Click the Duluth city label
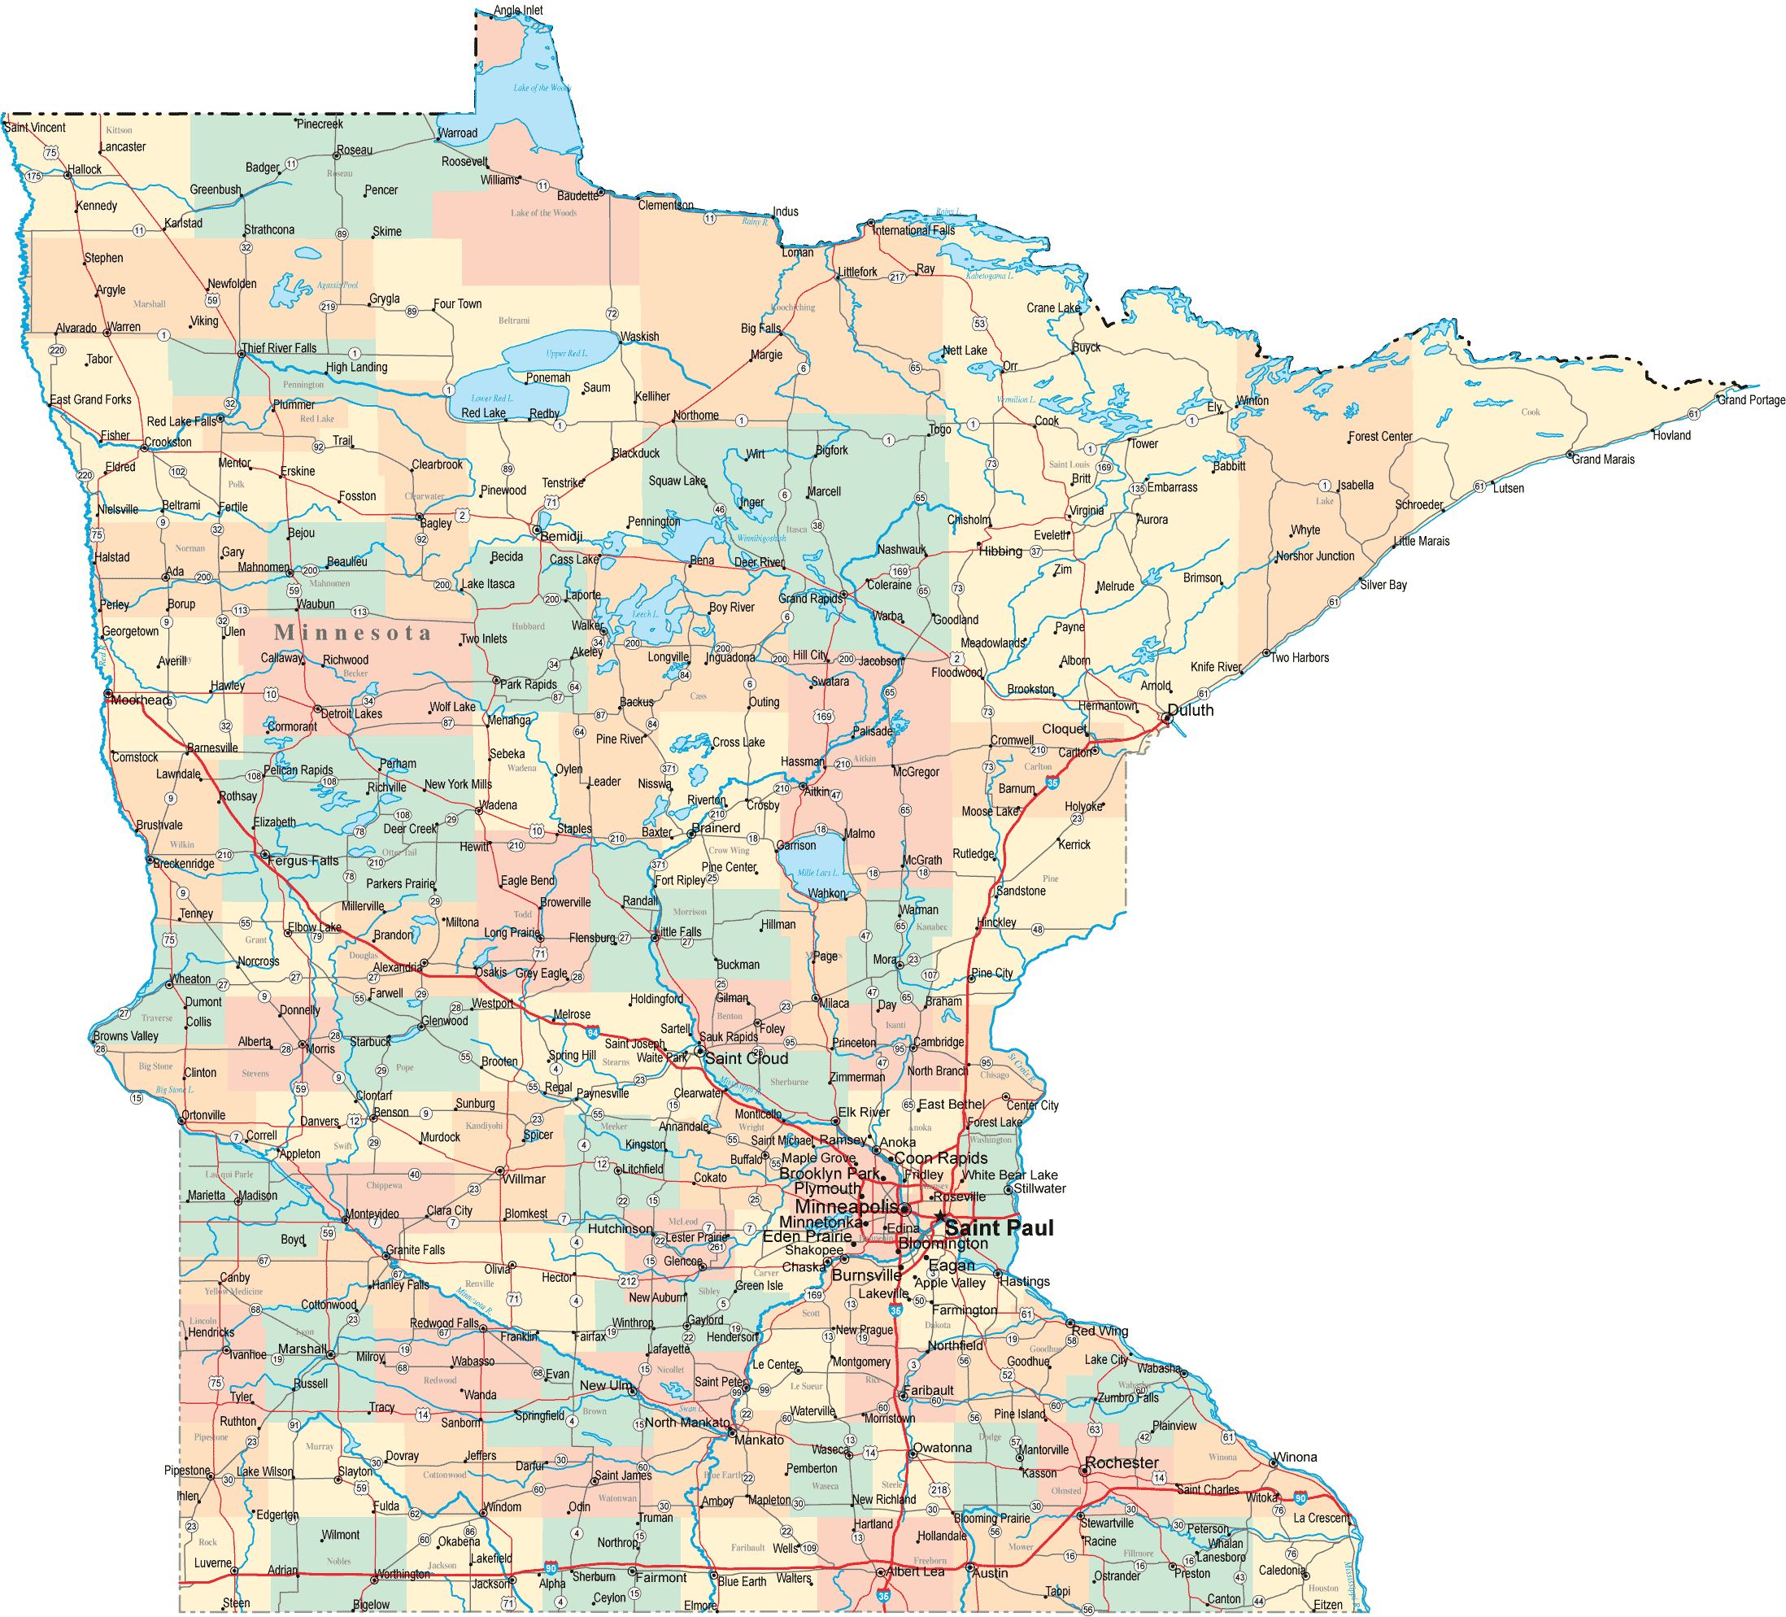1191,711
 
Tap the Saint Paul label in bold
999,1228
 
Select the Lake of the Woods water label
542,88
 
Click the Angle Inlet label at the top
518,11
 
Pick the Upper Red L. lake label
566,354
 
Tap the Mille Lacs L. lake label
817,873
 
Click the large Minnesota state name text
353,633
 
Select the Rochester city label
1122,1462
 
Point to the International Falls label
913,230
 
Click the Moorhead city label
140,700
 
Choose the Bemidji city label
561,536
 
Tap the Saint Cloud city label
746,1058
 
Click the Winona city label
1296,1458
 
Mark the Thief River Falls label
279,348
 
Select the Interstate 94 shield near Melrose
593,1033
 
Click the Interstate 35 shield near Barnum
1052,782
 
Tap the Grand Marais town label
1603,459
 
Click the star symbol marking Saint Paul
939,1217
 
